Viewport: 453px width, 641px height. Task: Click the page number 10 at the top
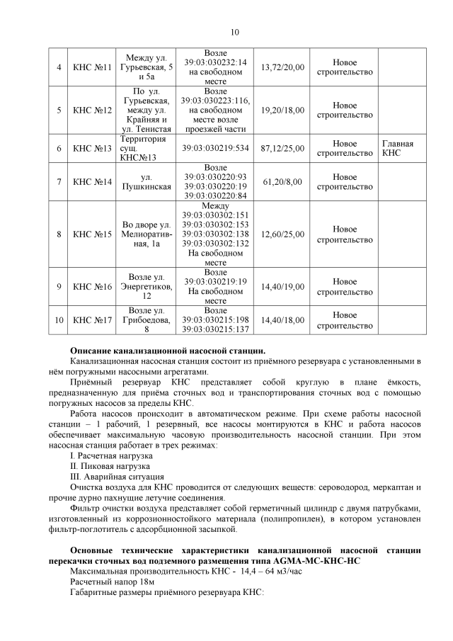[235, 32]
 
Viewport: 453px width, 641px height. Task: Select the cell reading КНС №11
[93, 67]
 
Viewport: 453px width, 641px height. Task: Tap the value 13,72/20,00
[282, 67]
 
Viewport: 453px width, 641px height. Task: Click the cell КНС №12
[93, 110]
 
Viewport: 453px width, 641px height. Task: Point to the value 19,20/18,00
[282, 110]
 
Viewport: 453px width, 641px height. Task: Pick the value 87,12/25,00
[282, 148]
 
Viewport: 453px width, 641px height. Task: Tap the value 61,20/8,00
[282, 181]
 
